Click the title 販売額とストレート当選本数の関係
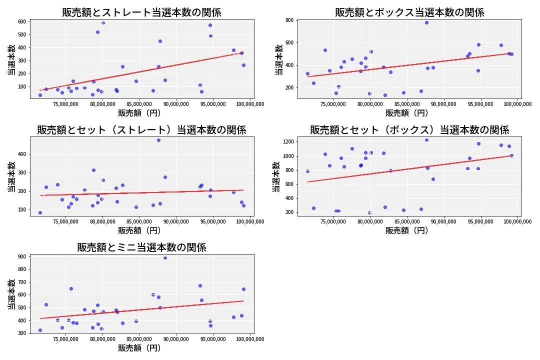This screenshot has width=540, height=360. coord(141,12)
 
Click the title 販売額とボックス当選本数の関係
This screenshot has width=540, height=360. coord(409,12)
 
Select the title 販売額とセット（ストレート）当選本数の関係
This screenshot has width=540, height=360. coord(141,130)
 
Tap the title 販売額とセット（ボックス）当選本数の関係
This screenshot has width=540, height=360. coord(409,130)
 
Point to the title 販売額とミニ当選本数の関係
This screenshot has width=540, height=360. coord(141,247)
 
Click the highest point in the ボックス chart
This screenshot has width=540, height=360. coord(426,22)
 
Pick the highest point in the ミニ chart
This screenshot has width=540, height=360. coord(165,257)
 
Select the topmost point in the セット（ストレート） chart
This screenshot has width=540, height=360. coord(158,140)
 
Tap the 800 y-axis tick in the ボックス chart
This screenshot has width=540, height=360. coord(289,20)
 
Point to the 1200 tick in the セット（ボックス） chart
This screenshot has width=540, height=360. coord(287,142)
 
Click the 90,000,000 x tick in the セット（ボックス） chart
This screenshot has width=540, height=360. coord(444,222)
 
